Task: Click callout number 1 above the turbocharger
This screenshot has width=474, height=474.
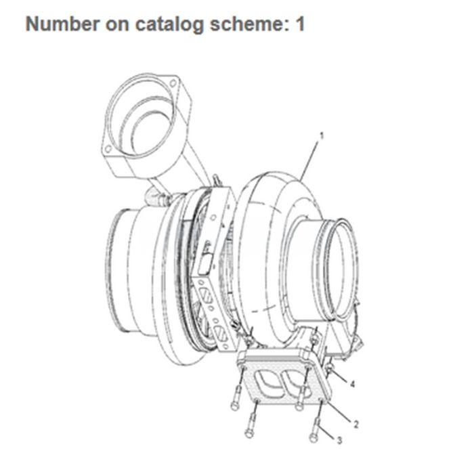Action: pos(322,135)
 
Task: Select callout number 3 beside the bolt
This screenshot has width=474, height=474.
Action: pos(339,441)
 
